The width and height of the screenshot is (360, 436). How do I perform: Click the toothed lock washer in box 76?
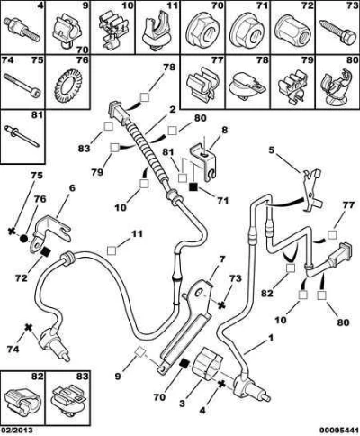tap(67, 86)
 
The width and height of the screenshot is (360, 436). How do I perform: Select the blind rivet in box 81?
tap(22, 137)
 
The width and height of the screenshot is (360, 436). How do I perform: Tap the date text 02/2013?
tap(16, 431)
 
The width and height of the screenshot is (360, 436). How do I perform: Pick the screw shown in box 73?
tap(337, 32)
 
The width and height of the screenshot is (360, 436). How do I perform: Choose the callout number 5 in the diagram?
tap(272, 150)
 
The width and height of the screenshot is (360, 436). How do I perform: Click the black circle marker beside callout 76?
tap(24, 240)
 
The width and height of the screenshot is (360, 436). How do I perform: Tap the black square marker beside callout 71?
tap(193, 186)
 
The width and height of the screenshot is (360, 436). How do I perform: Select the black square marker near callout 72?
tap(45, 252)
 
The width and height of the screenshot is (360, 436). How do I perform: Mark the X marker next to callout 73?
tap(221, 305)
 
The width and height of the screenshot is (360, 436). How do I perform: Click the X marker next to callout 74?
tap(28, 328)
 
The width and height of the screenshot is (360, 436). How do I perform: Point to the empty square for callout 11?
tap(112, 250)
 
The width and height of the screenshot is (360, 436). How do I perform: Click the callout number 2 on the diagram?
tap(172, 110)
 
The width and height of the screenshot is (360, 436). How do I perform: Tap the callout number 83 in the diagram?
tap(85, 149)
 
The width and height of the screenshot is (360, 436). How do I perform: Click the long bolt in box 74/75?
tap(22, 86)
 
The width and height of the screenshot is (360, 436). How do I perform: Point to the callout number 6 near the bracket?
tap(72, 188)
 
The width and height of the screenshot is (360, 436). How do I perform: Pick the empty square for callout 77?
tap(332, 234)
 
